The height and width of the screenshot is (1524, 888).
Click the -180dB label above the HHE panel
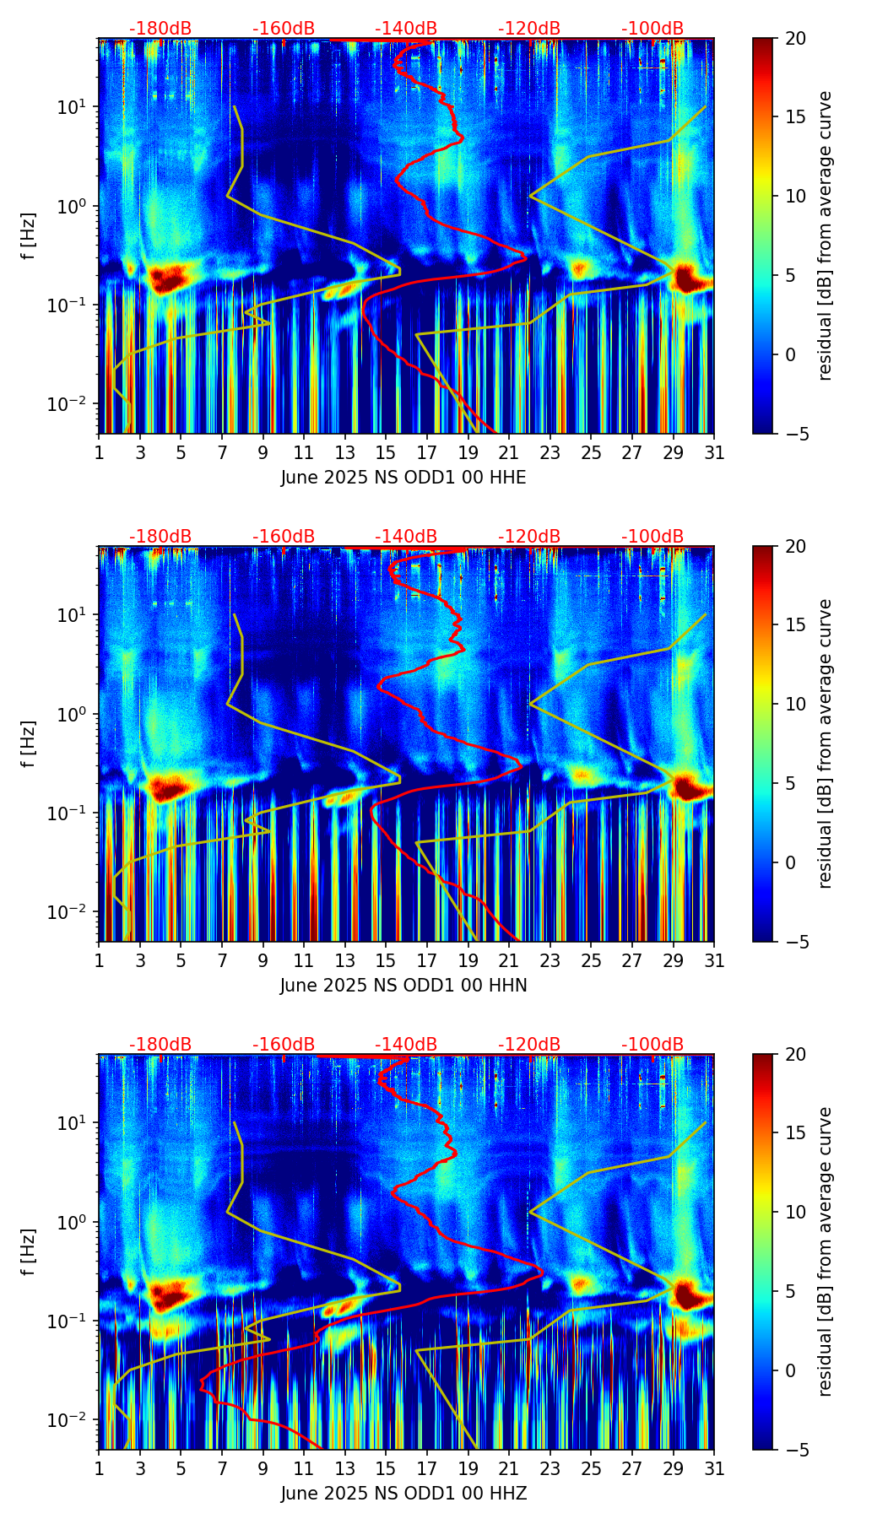(x=160, y=29)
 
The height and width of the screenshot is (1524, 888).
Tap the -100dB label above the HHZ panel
(x=652, y=1045)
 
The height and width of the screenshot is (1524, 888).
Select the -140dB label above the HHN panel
(x=406, y=537)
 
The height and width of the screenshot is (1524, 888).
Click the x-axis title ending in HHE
(x=403, y=478)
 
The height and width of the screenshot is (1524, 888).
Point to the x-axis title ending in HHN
(x=403, y=986)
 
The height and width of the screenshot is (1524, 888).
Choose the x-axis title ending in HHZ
(x=403, y=1494)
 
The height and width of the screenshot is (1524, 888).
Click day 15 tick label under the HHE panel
(x=385, y=453)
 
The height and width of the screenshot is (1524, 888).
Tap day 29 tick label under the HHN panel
(x=673, y=961)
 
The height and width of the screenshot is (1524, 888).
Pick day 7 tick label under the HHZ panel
(x=222, y=1469)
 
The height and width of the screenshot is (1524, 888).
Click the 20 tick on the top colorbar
(x=794, y=39)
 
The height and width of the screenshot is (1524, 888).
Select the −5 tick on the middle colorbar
(x=794, y=942)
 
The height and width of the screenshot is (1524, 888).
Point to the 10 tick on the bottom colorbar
(x=794, y=1212)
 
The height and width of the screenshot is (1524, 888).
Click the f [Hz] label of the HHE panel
(x=29, y=236)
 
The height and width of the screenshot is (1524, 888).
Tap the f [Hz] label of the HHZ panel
(x=29, y=1252)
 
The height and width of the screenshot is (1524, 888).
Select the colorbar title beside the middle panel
(x=825, y=743)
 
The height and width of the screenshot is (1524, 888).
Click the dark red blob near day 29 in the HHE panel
(x=687, y=278)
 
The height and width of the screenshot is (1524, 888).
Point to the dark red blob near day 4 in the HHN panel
(x=167, y=788)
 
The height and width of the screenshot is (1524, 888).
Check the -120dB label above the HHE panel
(x=529, y=29)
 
